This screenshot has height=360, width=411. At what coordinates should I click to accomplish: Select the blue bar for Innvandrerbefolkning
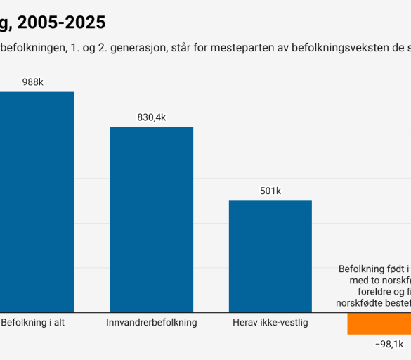click(151, 219)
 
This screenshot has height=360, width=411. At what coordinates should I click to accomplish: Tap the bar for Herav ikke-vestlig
click(270, 256)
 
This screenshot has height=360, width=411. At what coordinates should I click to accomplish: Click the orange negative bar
click(379, 323)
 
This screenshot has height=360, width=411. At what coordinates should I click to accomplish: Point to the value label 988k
click(33, 82)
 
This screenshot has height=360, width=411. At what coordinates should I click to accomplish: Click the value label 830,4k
click(151, 117)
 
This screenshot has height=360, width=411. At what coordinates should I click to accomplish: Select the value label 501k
click(270, 191)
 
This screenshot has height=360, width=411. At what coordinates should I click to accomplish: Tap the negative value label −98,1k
click(389, 344)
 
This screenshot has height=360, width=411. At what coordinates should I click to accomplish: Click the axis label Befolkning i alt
click(33, 323)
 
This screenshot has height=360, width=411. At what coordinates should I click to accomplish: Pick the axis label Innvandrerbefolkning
click(151, 323)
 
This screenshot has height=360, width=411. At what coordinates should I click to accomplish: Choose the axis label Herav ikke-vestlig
click(270, 323)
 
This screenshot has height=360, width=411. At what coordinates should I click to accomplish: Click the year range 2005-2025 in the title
click(62, 22)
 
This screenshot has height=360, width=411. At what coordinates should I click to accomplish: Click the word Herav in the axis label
click(246, 323)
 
